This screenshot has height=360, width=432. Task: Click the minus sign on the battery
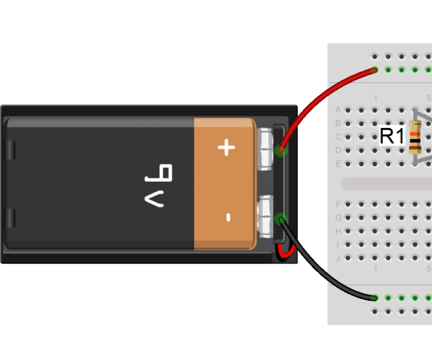227,217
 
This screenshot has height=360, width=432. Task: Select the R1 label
392,136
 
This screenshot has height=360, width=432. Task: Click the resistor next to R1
415,137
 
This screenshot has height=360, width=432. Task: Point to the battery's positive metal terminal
267,149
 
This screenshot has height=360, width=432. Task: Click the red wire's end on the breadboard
374,71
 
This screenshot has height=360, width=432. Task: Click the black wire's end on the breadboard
374,298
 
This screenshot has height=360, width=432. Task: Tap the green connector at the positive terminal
281,149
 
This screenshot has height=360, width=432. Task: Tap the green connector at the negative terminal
281,219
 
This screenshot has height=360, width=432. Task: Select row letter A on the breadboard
338,110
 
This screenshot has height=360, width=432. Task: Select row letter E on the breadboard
338,163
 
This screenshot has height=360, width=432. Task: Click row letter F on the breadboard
338,204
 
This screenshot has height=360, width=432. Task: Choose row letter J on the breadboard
338,258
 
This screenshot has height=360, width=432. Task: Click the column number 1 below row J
375,270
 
